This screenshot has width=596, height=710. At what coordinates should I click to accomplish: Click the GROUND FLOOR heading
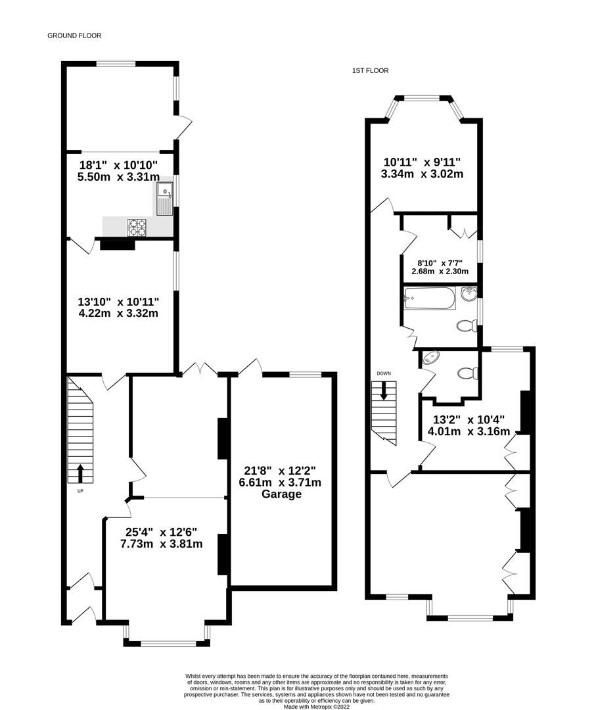(74, 35)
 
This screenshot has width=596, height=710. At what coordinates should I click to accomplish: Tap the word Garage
(279, 494)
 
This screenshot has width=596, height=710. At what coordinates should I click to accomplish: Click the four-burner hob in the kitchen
(137, 227)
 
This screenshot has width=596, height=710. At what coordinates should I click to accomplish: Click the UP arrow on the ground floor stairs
(80, 473)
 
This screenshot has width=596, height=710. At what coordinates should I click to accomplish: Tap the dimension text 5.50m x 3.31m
(118, 177)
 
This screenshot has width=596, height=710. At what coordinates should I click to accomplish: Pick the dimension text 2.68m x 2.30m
(440, 271)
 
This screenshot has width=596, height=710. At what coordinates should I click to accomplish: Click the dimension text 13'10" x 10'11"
(118, 301)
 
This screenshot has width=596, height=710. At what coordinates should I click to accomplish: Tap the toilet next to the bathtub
(466, 325)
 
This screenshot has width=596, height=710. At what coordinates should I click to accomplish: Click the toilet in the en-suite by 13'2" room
(467, 373)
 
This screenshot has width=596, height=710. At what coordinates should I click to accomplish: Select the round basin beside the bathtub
(469, 295)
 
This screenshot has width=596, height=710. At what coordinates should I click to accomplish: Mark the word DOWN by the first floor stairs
(384, 373)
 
